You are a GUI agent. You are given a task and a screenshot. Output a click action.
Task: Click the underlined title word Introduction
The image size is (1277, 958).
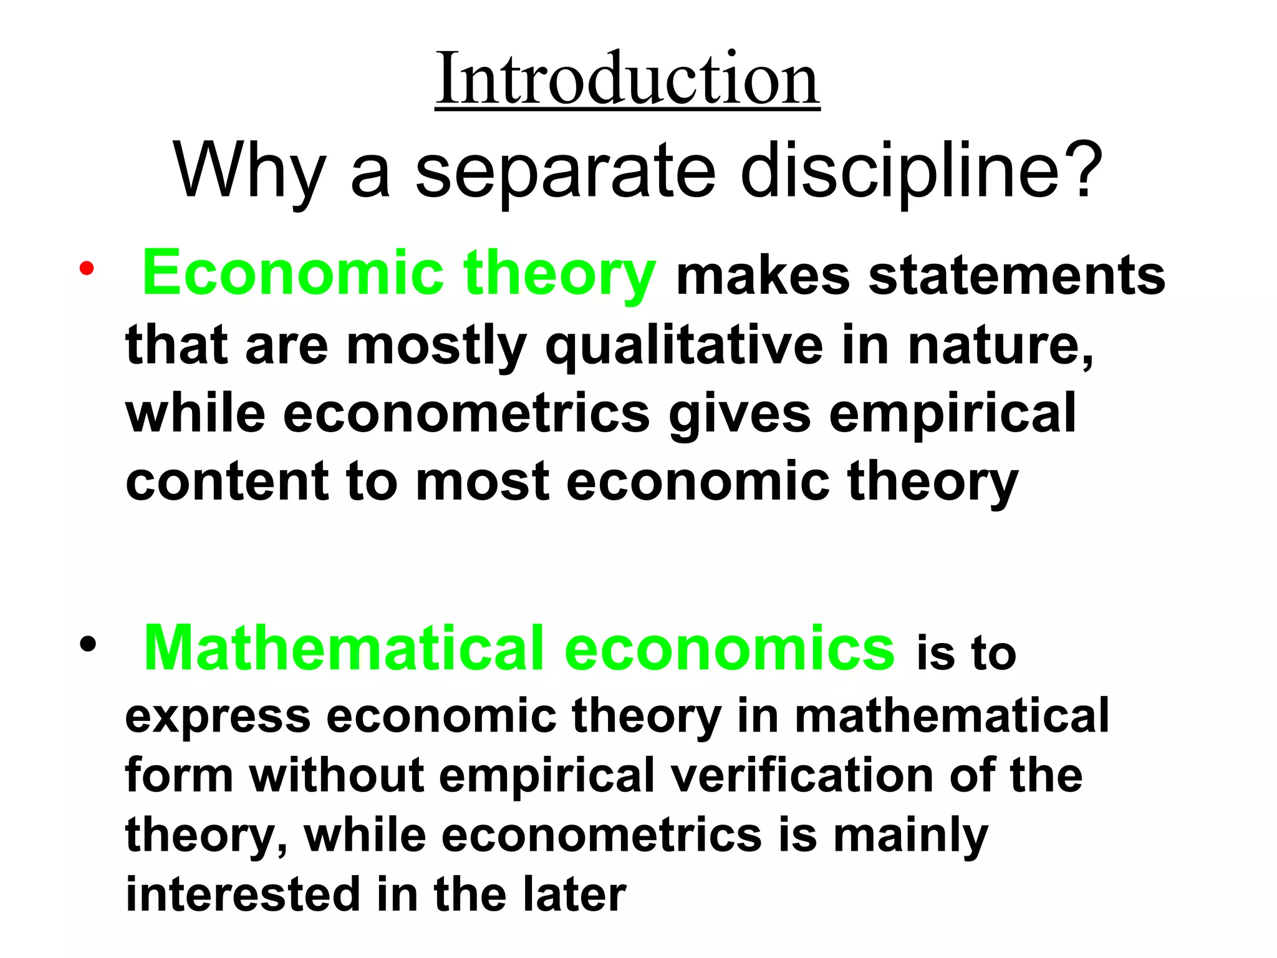pyautogui.click(x=627, y=79)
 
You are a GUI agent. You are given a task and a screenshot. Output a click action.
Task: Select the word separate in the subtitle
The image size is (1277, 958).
pyautogui.click(x=565, y=171)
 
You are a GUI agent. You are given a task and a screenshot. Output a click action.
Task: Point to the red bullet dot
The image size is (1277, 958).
pyautogui.click(x=87, y=269)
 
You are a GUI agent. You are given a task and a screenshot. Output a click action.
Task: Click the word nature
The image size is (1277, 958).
pyautogui.click(x=1000, y=346)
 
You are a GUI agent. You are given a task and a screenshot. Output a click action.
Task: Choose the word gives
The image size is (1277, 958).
pyautogui.click(x=740, y=414)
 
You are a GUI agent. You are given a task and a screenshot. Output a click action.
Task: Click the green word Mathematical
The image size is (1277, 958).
pyautogui.click(x=345, y=649)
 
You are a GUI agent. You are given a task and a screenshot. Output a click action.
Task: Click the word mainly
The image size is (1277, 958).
pyautogui.click(x=910, y=836)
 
